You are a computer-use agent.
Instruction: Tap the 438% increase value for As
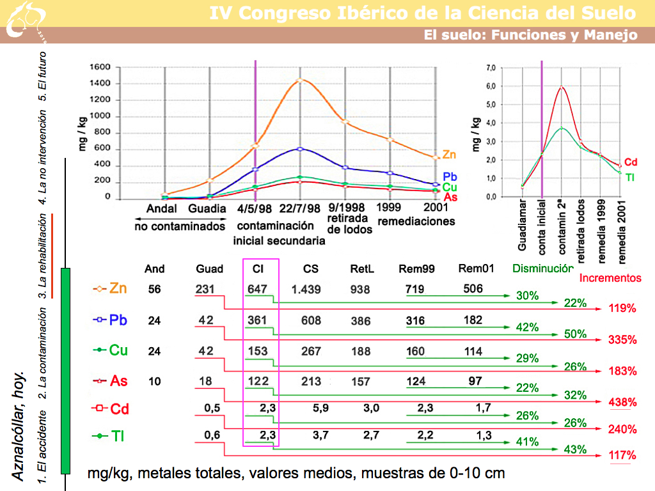click(622, 402)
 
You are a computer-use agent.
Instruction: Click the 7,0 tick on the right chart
click(491, 68)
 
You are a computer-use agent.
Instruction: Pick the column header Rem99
click(416, 269)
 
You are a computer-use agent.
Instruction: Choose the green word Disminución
click(542, 269)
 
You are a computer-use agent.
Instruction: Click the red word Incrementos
click(610, 278)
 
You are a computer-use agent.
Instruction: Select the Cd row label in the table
click(119, 409)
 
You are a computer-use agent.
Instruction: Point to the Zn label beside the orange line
click(449, 155)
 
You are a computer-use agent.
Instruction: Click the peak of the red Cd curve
click(562, 87)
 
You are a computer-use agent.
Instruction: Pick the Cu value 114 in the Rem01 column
click(473, 351)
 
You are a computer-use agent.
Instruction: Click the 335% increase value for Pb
click(622, 339)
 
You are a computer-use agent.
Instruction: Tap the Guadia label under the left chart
click(207, 208)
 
